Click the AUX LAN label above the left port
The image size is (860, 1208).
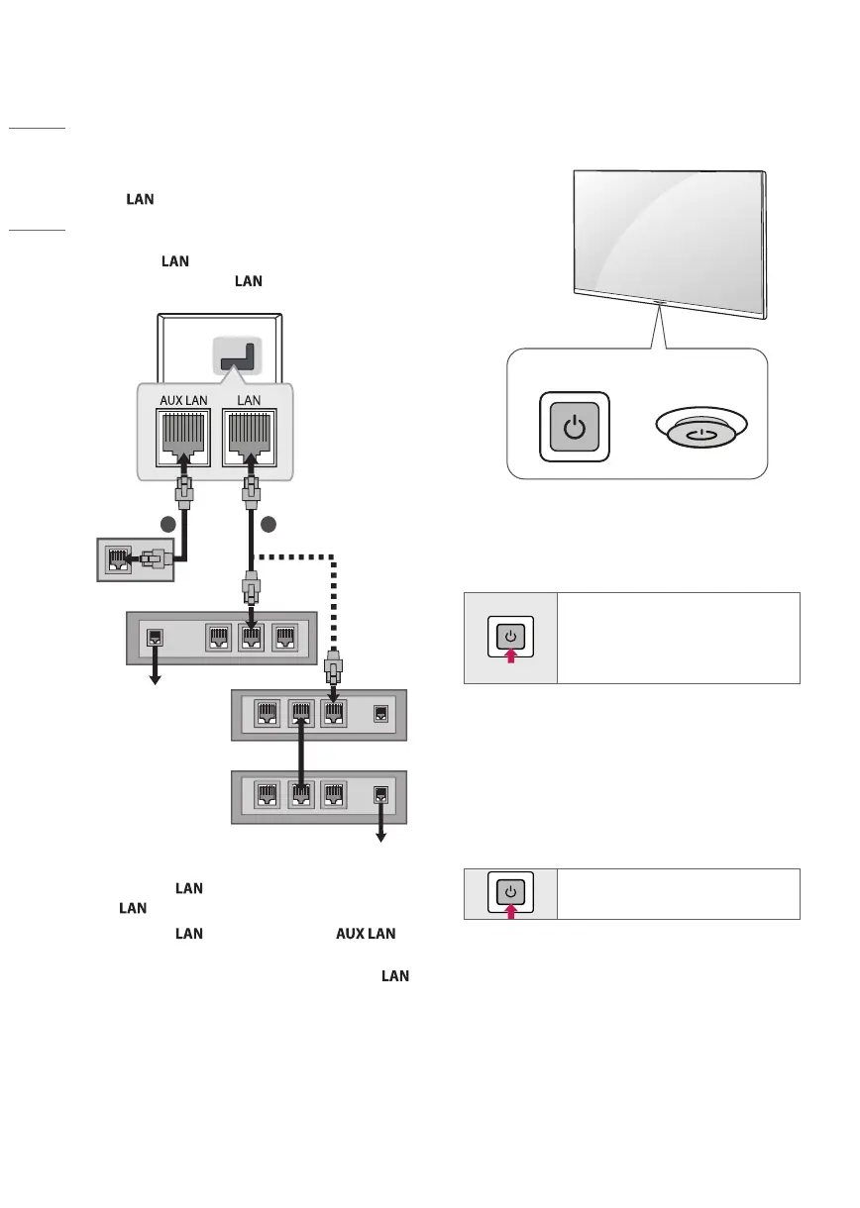[x=183, y=401]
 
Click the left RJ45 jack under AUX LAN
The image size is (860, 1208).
[x=183, y=438]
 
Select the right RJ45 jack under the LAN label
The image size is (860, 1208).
[x=250, y=438]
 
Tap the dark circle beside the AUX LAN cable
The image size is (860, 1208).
[x=168, y=524]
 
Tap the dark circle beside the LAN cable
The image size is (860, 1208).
[x=269, y=524]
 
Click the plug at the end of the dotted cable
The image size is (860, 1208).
[x=334, y=667]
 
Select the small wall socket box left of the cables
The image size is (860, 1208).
[x=136, y=559]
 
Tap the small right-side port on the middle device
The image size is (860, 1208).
[x=380, y=714]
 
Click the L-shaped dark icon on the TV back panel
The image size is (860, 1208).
[x=238, y=356]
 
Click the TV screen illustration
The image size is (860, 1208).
[x=670, y=245]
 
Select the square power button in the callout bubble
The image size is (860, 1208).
[x=575, y=427]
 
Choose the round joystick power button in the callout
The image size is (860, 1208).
[x=701, y=427]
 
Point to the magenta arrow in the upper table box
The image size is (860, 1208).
[x=511, y=655]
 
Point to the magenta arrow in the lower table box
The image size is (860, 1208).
[x=511, y=912]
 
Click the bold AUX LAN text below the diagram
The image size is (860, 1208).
[x=366, y=934]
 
